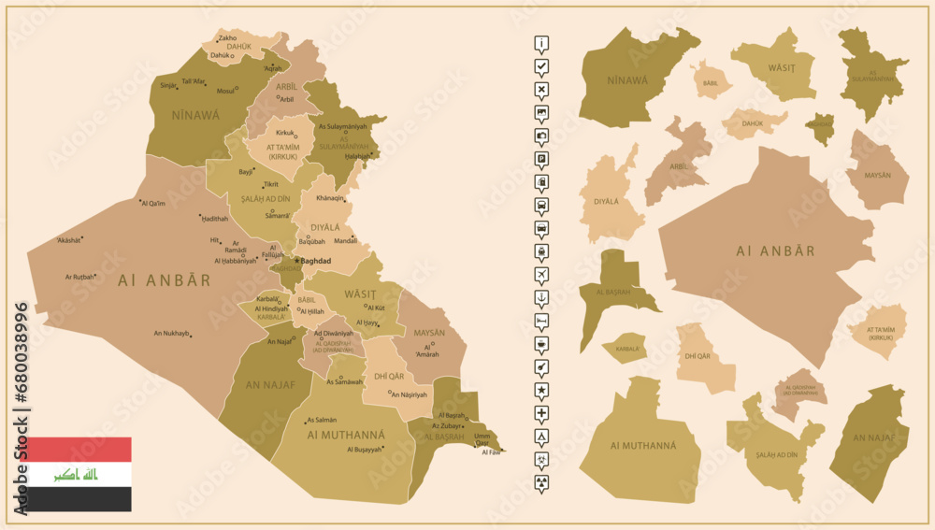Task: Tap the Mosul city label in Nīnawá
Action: tap(224, 91)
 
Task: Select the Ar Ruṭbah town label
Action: tap(79, 277)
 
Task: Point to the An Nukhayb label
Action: tap(171, 334)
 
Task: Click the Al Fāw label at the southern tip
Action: tap(491, 452)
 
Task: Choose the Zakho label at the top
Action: tap(227, 38)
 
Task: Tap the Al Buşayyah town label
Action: tap(365, 450)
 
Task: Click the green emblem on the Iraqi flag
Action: tap(79, 475)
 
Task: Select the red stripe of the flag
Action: tap(79, 450)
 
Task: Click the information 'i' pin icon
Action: tap(541, 43)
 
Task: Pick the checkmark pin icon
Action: tap(541, 66)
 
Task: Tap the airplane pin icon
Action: tap(541, 274)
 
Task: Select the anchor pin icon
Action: tap(541, 297)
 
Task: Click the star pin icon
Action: tap(541, 389)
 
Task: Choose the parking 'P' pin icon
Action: tap(541, 159)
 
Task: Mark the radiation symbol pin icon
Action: tap(541, 480)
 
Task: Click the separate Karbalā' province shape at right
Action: tap(625, 349)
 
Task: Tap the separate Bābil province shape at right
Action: tap(711, 81)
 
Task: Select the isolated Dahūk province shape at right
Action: tap(754, 122)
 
